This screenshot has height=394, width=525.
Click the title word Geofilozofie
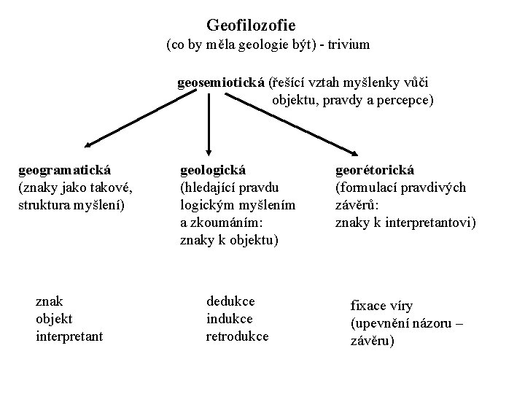[251, 25]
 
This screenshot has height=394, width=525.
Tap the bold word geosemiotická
[221, 82]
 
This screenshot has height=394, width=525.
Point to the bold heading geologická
[213, 171]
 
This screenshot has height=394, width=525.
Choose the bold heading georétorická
[374, 171]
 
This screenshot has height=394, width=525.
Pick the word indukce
[229, 319]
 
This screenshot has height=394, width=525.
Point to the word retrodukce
[237, 336]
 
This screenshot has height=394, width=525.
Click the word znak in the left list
[49, 301]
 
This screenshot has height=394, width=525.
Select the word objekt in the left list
[54, 319]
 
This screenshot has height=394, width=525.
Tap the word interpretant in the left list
[69, 336]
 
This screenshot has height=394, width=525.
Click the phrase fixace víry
[381, 306]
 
